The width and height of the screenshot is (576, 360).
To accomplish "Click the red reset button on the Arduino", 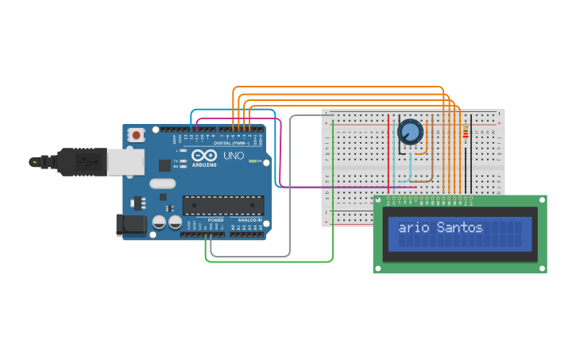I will click(x=136, y=135).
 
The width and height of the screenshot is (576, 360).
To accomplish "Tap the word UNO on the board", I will click(x=234, y=156).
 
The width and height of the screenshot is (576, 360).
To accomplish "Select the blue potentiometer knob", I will click(x=410, y=131).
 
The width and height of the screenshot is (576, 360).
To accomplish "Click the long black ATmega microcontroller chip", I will click(x=223, y=205).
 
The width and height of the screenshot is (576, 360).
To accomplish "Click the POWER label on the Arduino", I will click(x=215, y=220).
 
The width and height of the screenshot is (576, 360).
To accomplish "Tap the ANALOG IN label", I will click(x=249, y=220).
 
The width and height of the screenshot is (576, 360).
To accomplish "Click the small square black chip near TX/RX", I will click(x=164, y=165).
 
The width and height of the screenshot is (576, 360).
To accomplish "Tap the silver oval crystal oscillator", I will click(x=162, y=184).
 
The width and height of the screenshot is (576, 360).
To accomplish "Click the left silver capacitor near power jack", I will click(x=159, y=223).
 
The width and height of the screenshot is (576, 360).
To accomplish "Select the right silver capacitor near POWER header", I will click(x=173, y=223).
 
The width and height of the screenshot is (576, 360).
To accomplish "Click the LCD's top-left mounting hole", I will click(x=379, y=199).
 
